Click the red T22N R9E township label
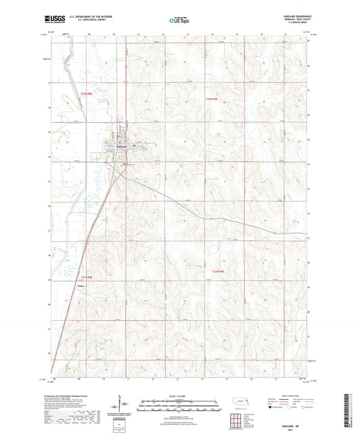pyautogui.click(x=212, y=99)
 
